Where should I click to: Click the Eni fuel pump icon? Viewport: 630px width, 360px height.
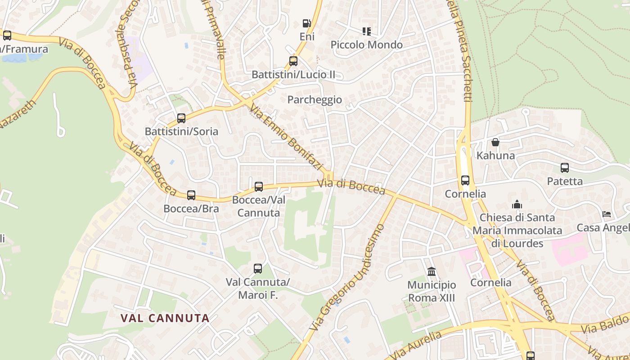[x=306, y=23]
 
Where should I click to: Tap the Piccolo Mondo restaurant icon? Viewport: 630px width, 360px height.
[x=367, y=31]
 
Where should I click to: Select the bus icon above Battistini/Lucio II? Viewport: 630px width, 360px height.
[x=293, y=61]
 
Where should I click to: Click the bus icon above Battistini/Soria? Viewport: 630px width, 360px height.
[x=181, y=118]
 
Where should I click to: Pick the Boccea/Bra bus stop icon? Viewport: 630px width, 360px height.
[x=191, y=195]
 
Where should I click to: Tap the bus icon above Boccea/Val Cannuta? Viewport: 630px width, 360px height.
[x=259, y=186]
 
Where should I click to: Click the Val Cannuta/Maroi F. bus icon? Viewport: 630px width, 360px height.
[x=258, y=269]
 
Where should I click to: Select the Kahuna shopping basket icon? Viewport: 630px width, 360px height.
[x=495, y=142]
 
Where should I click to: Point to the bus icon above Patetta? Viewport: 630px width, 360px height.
[x=565, y=168]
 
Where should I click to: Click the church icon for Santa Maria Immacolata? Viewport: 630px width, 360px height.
[x=517, y=204]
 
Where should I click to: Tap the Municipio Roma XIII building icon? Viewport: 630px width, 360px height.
[x=432, y=271]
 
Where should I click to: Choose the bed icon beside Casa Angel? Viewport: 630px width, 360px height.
[x=607, y=214]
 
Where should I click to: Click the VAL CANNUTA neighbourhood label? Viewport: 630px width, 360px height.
[x=165, y=318]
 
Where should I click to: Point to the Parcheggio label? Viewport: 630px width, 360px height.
[x=315, y=99]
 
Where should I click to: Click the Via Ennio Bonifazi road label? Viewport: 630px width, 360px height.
[x=287, y=137]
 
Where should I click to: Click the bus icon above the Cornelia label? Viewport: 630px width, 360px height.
[x=465, y=180]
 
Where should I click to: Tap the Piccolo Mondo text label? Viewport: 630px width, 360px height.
[x=367, y=45]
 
